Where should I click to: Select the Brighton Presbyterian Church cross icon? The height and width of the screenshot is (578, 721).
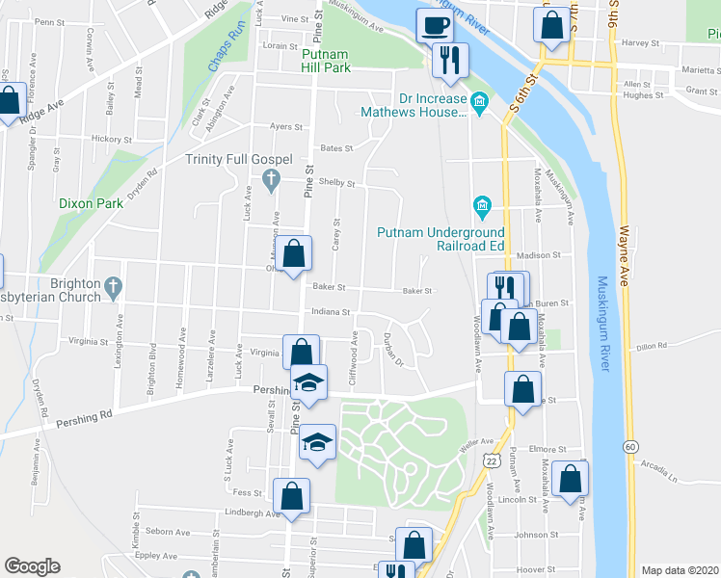tap(115, 285)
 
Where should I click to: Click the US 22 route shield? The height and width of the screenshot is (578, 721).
tap(492, 464)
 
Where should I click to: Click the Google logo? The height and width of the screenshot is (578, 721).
tap(33, 566)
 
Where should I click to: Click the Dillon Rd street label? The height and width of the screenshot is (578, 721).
tap(652, 346)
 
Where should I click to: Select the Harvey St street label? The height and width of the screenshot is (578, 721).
tap(639, 43)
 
